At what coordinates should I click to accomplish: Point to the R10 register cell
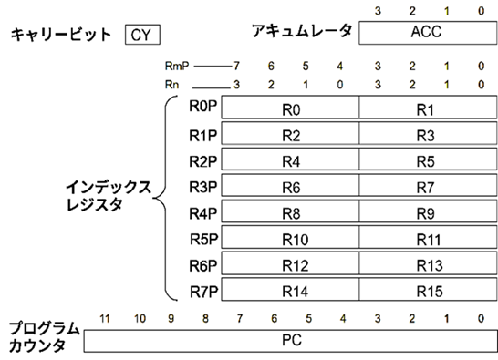tap(291, 241)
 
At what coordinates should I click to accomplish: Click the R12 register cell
tap(291, 266)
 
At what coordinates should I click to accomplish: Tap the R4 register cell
tap(291, 161)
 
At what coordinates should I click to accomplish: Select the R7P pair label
tap(202, 292)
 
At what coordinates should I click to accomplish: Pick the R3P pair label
tap(202, 187)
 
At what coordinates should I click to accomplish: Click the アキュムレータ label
tap(301, 32)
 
